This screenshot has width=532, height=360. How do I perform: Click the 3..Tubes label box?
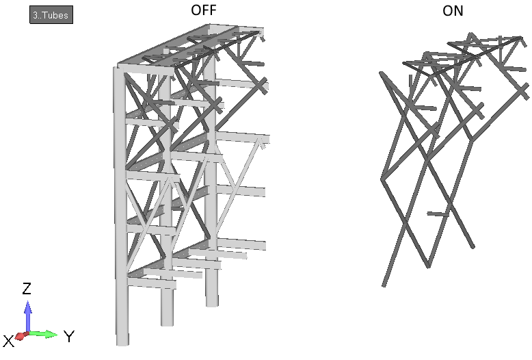(51, 15)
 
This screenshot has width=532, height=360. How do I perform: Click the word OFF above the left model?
(204, 10)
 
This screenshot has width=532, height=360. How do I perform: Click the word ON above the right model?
(453, 11)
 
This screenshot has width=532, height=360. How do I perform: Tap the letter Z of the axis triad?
(27, 288)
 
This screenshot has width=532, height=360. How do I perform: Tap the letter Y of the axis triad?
(69, 337)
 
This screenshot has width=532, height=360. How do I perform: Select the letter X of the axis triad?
(9, 341)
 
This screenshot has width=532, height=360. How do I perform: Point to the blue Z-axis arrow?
(28, 316)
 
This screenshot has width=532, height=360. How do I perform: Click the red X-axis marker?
(21, 336)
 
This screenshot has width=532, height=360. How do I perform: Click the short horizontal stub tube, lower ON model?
(438, 214)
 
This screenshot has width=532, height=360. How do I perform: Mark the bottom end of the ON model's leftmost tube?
(384, 285)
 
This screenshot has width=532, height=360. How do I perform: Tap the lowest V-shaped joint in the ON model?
(428, 266)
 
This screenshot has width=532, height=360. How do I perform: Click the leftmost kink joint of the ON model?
(382, 179)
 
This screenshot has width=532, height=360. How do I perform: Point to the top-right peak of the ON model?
(521, 38)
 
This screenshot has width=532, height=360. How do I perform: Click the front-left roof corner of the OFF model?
(118, 66)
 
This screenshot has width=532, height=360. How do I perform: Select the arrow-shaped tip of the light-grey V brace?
(261, 141)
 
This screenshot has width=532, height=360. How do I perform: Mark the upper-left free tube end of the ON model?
(382, 73)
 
